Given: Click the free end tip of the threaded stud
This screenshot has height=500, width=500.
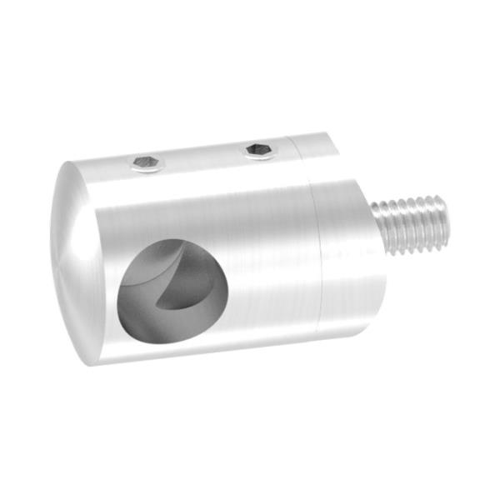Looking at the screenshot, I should point(444,221).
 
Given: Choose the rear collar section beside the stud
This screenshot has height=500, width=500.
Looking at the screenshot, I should point(342,250).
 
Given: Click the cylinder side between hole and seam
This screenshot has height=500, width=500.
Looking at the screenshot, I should point(267,267).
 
